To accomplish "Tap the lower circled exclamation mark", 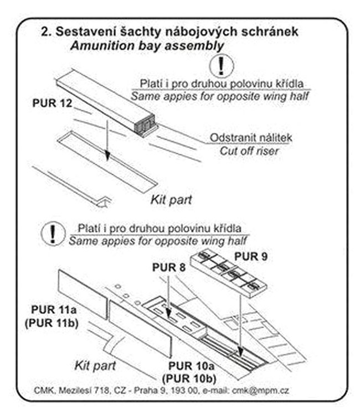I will (53, 234).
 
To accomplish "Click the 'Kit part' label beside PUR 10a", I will (95, 365).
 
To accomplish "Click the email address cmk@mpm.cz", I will (264, 391).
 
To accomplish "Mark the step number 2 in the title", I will (46, 32).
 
